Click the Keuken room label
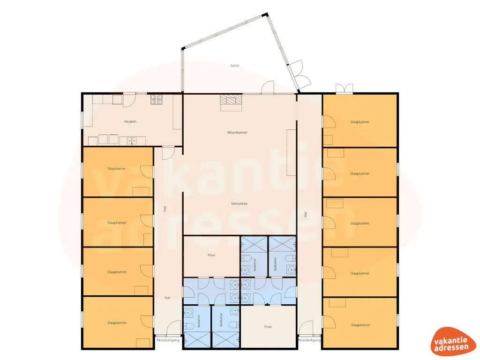[130, 121]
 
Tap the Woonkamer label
[237, 133]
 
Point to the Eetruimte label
[239, 203]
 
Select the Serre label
[235, 66]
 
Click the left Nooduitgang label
[168, 340]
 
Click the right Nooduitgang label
[309, 340]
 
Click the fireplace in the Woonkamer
[231, 103]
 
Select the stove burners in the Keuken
[157, 99]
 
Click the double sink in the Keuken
[132, 141]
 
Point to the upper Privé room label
[211, 255]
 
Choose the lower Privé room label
[268, 327]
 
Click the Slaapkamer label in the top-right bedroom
[360, 122]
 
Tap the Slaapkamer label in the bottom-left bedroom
[117, 322]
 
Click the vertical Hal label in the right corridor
[306, 215]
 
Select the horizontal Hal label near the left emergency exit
[167, 298]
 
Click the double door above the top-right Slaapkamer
[345, 88]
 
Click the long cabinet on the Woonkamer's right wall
[291, 152]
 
